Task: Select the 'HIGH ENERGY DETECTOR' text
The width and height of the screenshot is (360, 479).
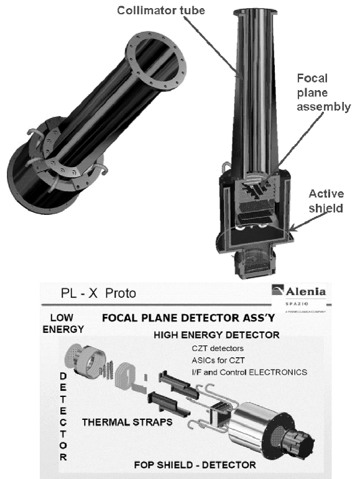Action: coord(217,335)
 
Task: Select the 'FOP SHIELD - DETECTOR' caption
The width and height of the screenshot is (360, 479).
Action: coord(194,463)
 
